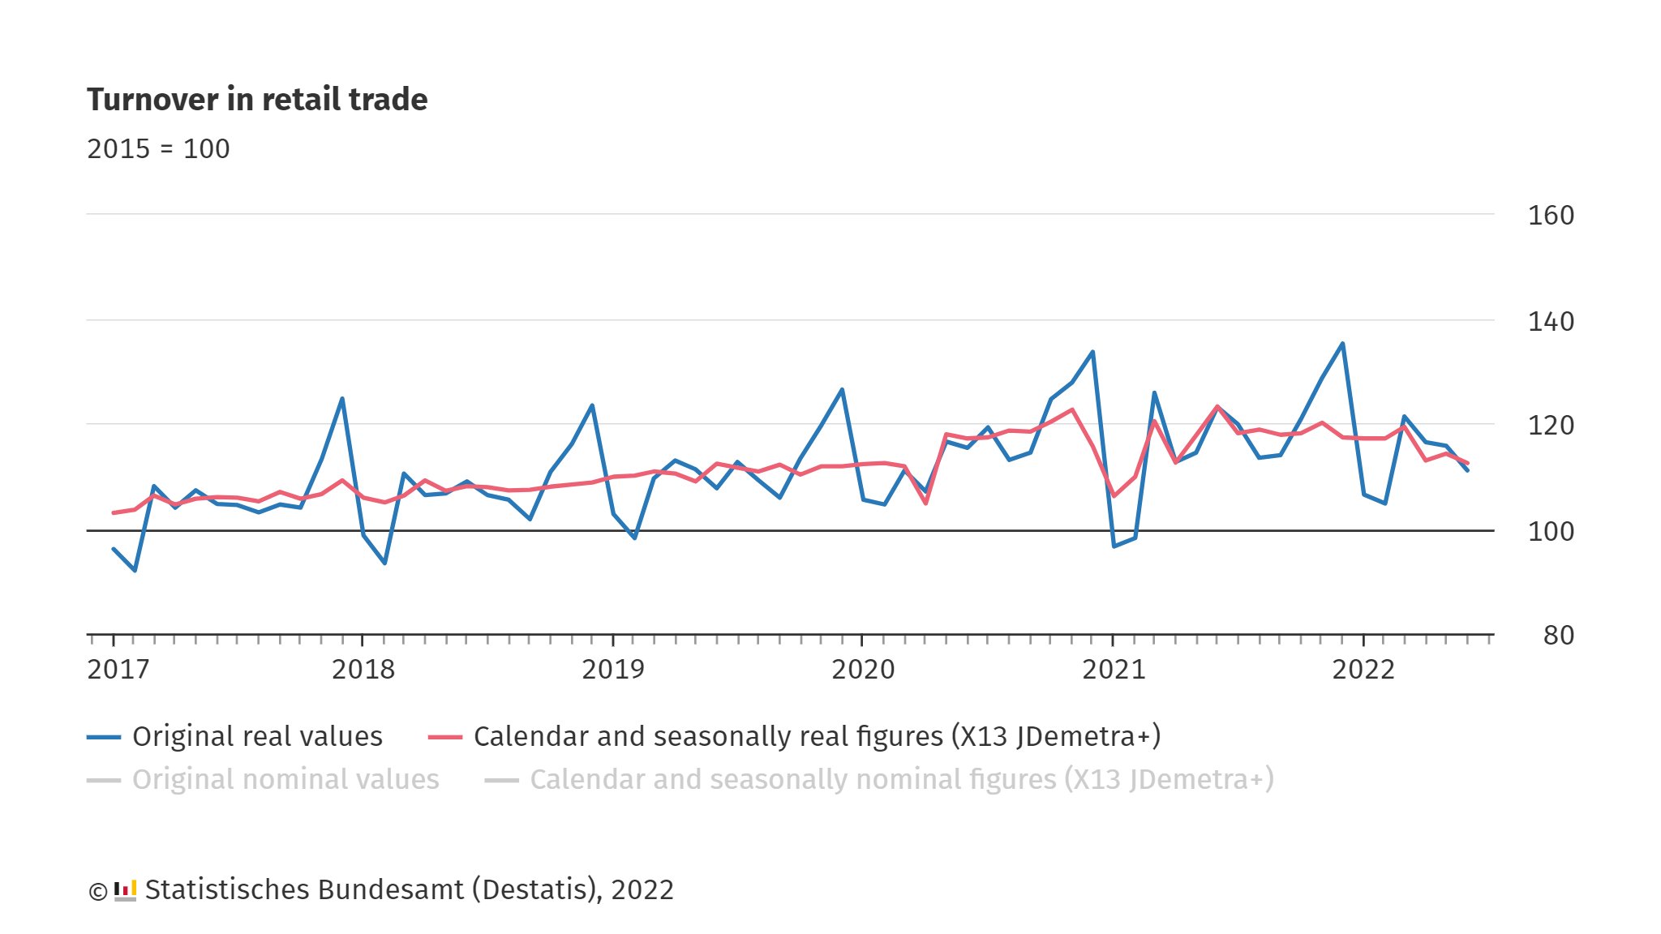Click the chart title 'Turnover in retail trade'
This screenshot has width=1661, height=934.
click(x=257, y=99)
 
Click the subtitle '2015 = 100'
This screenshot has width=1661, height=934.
click(x=158, y=149)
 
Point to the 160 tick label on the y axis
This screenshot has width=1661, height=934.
click(x=1550, y=216)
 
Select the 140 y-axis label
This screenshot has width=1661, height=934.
click(x=1550, y=322)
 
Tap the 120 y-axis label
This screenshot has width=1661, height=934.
click(x=1550, y=426)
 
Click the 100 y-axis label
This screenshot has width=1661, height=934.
click(x=1550, y=532)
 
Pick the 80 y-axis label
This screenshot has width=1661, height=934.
click(x=1558, y=636)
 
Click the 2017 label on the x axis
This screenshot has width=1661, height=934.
click(x=118, y=670)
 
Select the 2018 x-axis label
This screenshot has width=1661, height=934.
click(x=363, y=670)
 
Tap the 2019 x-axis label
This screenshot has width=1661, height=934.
click(x=612, y=670)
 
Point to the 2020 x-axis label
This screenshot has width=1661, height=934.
click(x=863, y=670)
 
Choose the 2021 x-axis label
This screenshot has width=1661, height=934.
click(x=1114, y=670)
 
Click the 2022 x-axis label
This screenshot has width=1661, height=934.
click(x=1363, y=670)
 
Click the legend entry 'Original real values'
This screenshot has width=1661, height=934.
click(x=256, y=736)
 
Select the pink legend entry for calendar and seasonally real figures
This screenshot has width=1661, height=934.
click(x=816, y=736)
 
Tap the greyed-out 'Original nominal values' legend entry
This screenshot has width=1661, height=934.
click(x=285, y=780)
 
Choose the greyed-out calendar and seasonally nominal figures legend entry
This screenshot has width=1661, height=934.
click(x=901, y=780)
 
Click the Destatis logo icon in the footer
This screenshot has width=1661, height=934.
click(x=125, y=890)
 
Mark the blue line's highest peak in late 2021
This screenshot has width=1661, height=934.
click(x=1342, y=344)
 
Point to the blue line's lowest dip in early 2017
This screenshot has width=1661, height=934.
click(x=135, y=570)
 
